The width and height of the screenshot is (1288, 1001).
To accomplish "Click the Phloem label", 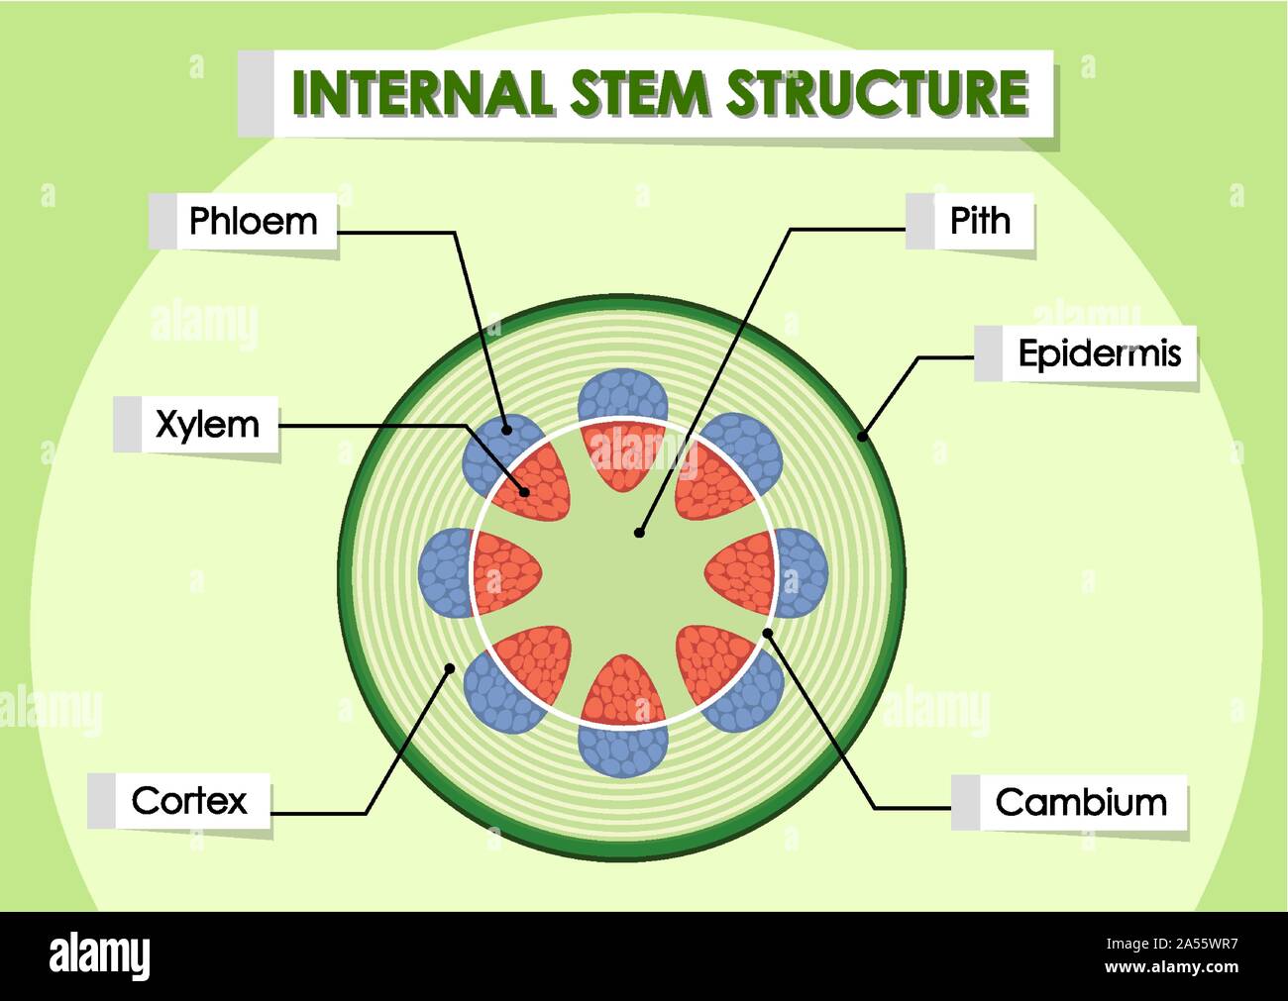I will click(x=253, y=221).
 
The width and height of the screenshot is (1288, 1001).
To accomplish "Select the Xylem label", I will click(x=207, y=424).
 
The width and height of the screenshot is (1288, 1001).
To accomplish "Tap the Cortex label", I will click(x=188, y=800).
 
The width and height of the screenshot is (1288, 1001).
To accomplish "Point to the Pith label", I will click(x=980, y=220).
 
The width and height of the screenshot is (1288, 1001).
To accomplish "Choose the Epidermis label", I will click(x=1099, y=353).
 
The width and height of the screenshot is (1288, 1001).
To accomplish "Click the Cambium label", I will click(x=1080, y=801).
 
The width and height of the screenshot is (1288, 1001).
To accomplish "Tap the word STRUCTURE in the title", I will click(x=876, y=92).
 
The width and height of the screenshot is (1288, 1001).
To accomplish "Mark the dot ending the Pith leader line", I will click(x=639, y=533).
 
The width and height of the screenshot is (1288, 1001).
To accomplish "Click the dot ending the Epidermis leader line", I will click(x=862, y=436).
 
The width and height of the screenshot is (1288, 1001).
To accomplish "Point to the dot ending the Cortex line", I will click(x=450, y=668).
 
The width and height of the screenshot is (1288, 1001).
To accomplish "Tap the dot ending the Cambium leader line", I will click(x=768, y=633).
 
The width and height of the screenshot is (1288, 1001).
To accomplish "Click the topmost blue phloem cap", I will click(x=622, y=395).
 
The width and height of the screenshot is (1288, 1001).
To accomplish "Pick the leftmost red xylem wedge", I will click(x=505, y=573).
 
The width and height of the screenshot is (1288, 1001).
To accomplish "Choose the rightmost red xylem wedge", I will click(x=741, y=573).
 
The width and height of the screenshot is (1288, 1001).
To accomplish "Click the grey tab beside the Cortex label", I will click(x=102, y=800).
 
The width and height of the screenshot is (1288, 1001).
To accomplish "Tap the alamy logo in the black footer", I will click(x=100, y=956).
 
